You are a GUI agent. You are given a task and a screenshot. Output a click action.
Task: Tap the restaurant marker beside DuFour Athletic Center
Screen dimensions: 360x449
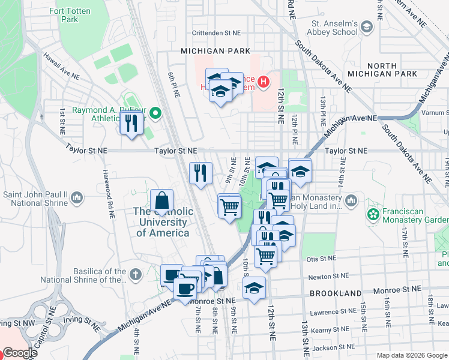tap(130, 124)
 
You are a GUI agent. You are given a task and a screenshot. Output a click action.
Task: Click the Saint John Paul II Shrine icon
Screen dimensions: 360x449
tap(77, 197)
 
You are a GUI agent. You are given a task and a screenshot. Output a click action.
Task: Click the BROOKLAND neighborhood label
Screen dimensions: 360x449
tap(336, 293)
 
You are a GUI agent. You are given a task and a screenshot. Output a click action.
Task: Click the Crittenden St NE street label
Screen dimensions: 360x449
tap(216, 33)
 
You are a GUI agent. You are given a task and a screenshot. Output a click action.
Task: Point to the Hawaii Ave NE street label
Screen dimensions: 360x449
tap(61, 66)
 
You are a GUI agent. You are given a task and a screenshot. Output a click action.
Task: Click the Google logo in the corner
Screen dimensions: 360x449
tap(20, 353)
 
